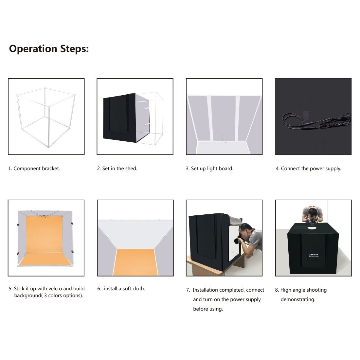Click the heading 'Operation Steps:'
[49, 49]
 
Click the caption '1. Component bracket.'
[34, 169]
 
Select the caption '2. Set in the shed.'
[117, 169]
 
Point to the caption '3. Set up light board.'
[209, 169]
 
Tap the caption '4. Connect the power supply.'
[308, 169]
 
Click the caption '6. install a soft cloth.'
[121, 289]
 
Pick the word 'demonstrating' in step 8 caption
[297, 299]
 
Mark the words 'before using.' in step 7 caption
[208, 309]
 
